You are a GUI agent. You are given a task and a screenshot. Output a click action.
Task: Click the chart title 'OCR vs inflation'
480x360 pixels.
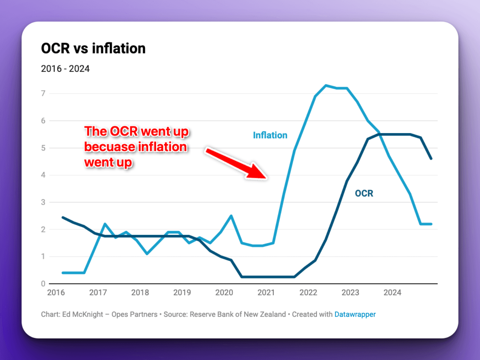[x=93, y=48]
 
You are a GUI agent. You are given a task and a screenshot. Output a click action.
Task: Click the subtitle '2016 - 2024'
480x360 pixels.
[x=65, y=69]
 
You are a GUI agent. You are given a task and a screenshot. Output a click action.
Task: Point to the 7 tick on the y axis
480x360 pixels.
[x=43, y=93]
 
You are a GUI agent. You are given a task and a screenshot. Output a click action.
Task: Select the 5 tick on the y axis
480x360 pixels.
[x=43, y=148]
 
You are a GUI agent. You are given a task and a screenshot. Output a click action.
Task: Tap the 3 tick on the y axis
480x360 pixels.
[x=43, y=202]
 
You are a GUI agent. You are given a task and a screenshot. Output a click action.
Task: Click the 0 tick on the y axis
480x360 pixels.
[x=43, y=284]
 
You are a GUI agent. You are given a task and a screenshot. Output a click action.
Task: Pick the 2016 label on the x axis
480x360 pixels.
[x=56, y=292]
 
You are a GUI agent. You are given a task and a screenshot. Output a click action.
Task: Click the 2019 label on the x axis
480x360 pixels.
[x=182, y=292]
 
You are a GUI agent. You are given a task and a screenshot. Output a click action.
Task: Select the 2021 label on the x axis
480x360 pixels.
[x=266, y=292]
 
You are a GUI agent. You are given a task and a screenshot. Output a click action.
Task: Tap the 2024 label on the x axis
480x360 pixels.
[x=392, y=292]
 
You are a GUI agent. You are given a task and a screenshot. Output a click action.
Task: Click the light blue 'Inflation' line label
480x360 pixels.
[x=270, y=135]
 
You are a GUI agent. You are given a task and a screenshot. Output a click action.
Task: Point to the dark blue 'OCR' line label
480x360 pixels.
[x=364, y=193]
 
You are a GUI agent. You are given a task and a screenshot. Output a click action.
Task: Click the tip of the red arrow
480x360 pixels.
[x=266, y=178]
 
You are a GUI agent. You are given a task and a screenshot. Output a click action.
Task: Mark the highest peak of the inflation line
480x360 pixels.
[x=326, y=85]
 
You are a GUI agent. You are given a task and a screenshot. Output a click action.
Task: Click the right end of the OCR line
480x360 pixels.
[x=431, y=159]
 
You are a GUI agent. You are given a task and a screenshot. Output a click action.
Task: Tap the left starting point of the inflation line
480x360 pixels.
[x=63, y=273]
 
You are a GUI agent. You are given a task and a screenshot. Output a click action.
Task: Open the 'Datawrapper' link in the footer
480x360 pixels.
[x=355, y=314]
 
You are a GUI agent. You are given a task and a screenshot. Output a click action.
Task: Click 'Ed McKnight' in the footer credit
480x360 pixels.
[x=83, y=314]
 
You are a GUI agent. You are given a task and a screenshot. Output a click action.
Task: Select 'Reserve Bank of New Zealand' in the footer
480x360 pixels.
[x=238, y=314]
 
